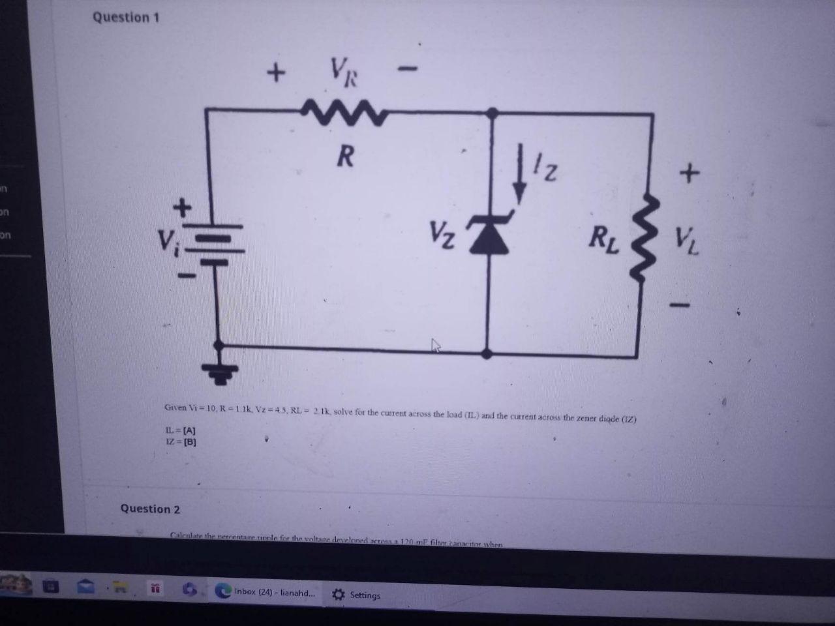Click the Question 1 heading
(125, 18)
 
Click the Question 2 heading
(150, 509)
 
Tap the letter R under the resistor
(345, 156)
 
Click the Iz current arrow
(519, 183)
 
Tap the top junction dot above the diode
(493, 113)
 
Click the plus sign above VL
(689, 173)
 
